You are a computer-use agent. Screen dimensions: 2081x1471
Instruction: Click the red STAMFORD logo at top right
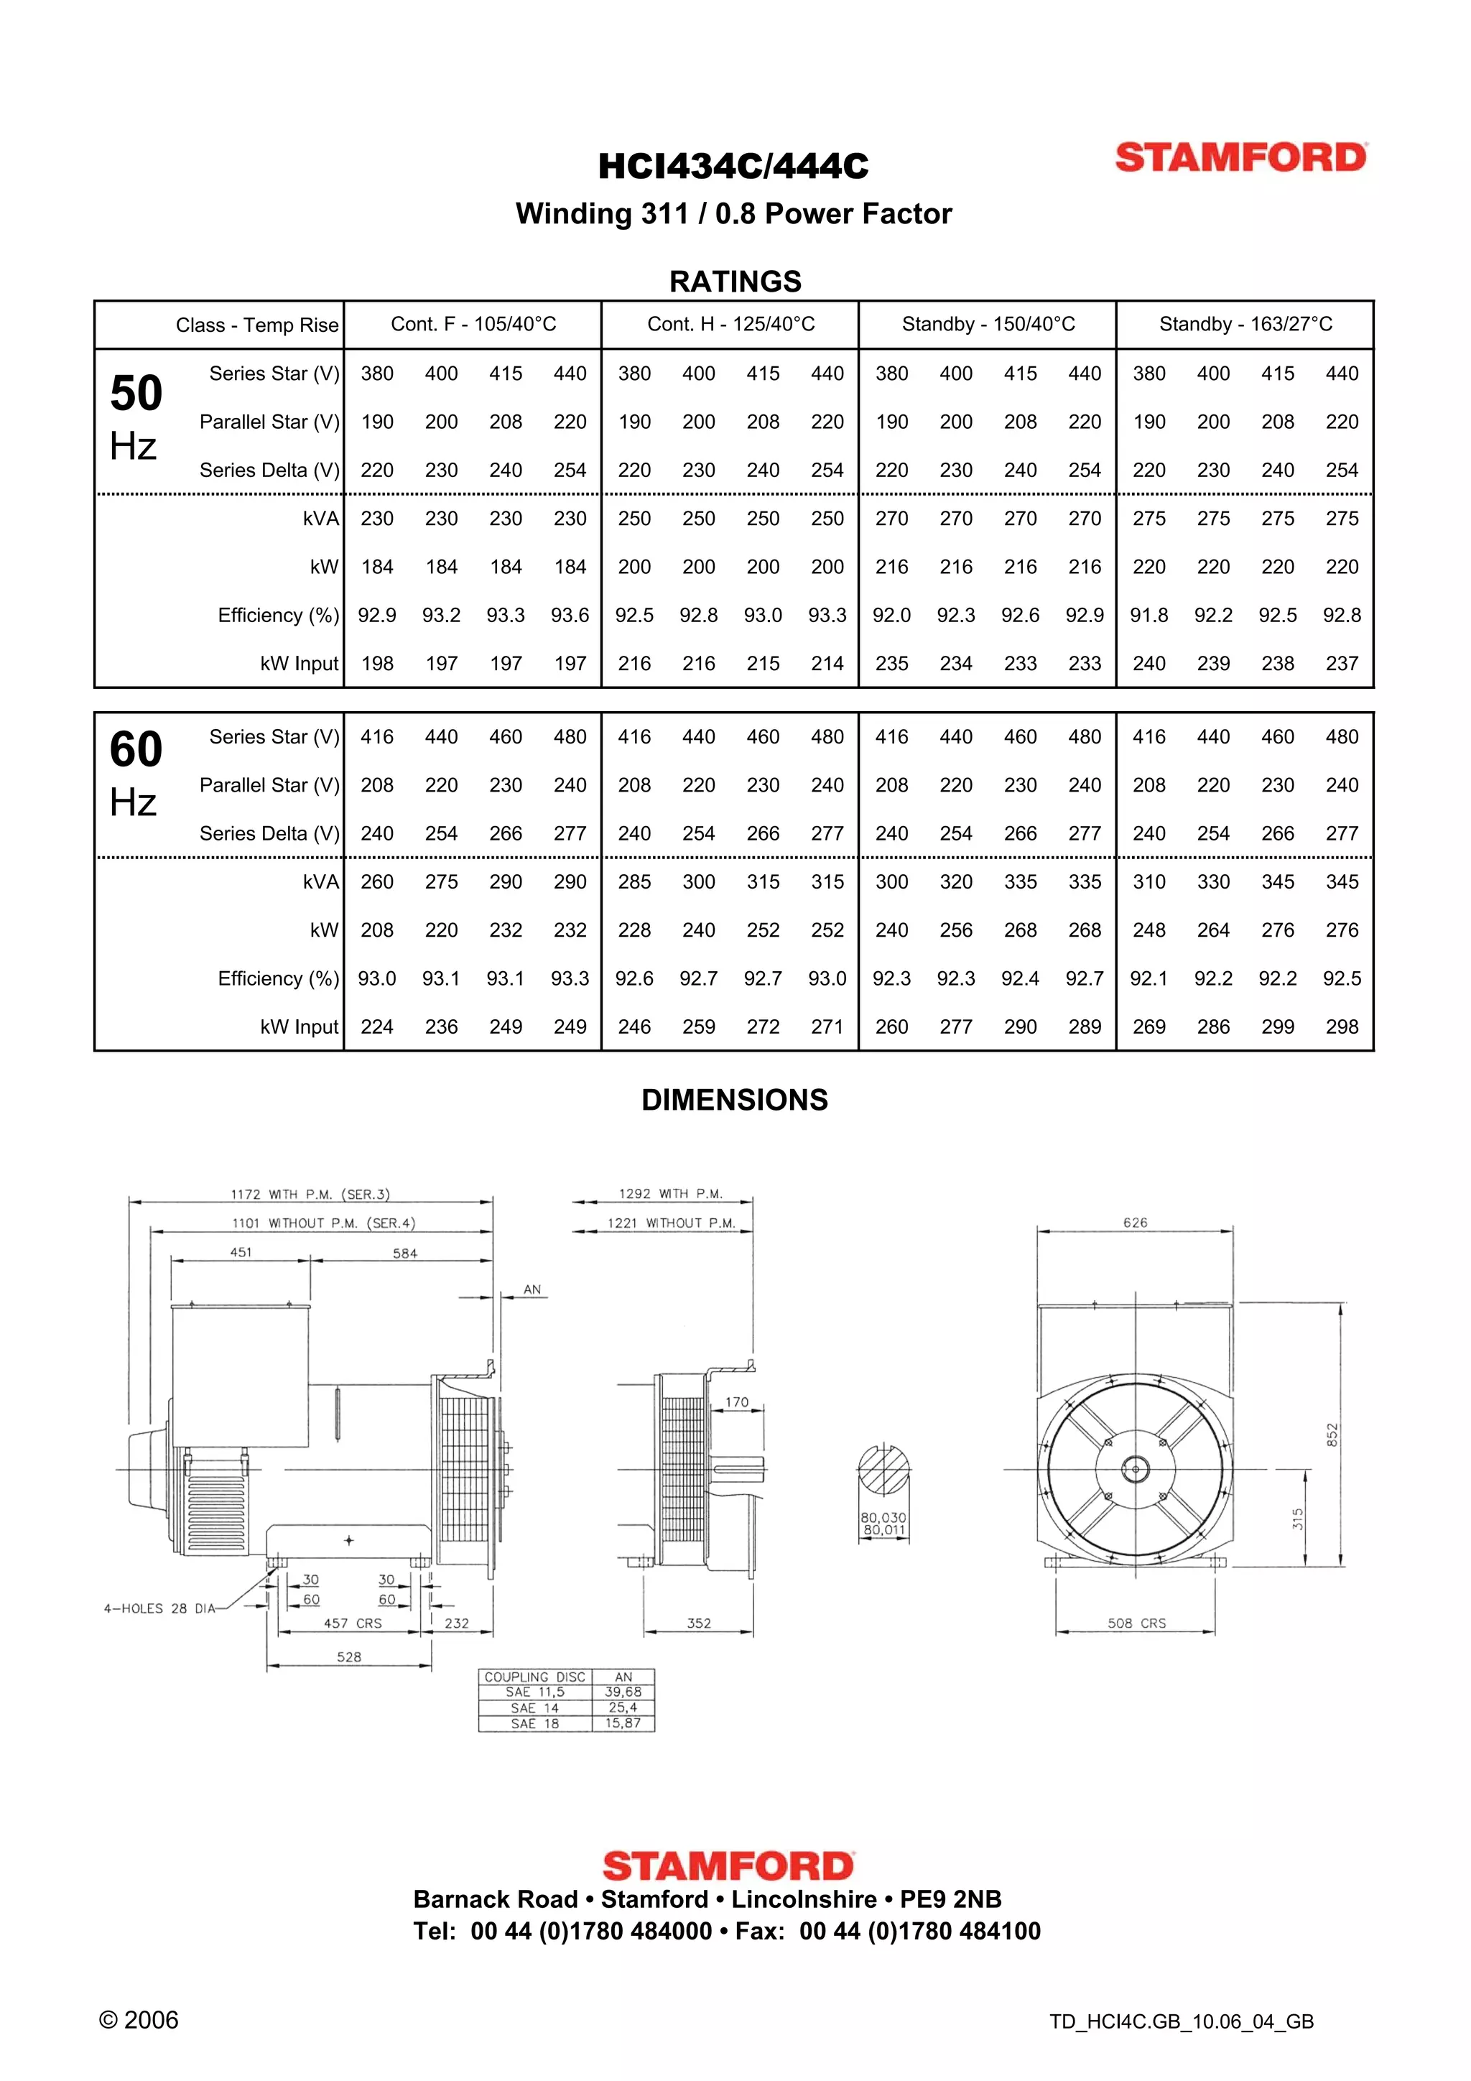click(1240, 158)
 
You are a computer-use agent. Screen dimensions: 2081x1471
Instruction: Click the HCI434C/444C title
click(733, 167)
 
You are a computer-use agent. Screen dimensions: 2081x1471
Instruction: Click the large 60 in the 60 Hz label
click(136, 749)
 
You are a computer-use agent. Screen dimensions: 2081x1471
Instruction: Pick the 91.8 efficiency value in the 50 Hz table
click(1149, 616)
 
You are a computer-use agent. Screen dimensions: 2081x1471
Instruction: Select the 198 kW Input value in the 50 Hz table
click(377, 664)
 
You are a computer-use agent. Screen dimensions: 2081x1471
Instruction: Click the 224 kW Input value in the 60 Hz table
click(377, 1027)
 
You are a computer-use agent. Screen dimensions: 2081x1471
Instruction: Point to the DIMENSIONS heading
click(734, 1100)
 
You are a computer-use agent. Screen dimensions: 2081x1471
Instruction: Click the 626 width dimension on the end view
click(1135, 1223)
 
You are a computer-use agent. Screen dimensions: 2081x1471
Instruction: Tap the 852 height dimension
click(1332, 1435)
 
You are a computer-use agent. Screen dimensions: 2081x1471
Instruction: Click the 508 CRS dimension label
click(1136, 1623)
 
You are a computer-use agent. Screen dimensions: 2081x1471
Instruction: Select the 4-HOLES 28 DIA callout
click(159, 1609)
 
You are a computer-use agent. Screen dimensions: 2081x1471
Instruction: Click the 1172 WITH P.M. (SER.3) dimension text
click(310, 1195)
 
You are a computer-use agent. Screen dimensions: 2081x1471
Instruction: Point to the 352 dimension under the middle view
click(699, 1623)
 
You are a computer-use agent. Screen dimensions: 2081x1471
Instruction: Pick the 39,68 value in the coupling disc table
click(623, 1692)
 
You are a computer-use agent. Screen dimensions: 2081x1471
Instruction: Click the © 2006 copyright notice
click(139, 2020)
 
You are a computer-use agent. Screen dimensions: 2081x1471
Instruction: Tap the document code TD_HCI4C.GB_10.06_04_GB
click(1181, 2022)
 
